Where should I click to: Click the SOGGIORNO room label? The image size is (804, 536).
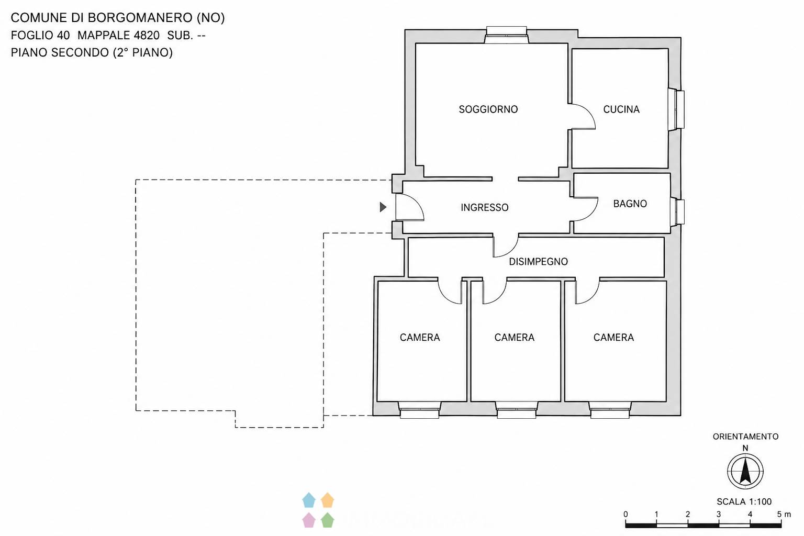tap(488, 109)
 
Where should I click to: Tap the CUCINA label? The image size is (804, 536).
tap(621, 109)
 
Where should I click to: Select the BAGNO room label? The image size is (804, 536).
tap(630, 204)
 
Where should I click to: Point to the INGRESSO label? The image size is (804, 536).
tap(485, 207)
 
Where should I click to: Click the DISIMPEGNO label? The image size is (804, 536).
tap(539, 261)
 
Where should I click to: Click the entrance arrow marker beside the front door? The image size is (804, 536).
tap(383, 207)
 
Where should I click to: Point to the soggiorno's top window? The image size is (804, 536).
tap(506, 35)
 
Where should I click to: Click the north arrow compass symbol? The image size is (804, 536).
tap(745, 472)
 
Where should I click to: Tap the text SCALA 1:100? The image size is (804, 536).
tap(744, 501)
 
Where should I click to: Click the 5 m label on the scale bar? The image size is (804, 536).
tap(784, 514)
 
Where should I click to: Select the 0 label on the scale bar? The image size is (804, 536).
tap(626, 514)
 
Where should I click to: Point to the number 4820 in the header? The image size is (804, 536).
tap(147, 35)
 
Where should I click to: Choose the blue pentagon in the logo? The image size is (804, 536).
tap(309, 500)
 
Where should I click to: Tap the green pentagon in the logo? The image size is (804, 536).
tap(327, 520)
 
